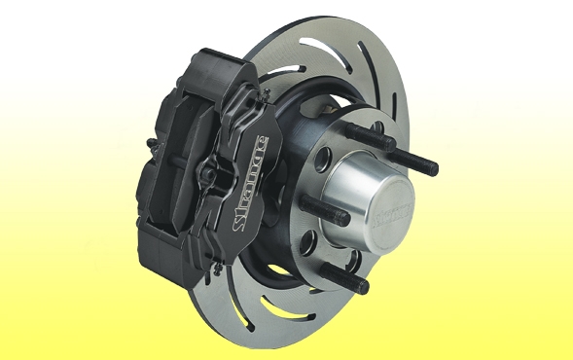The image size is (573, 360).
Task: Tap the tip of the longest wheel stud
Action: pos(433,169)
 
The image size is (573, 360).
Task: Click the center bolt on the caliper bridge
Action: pos(208,175)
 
